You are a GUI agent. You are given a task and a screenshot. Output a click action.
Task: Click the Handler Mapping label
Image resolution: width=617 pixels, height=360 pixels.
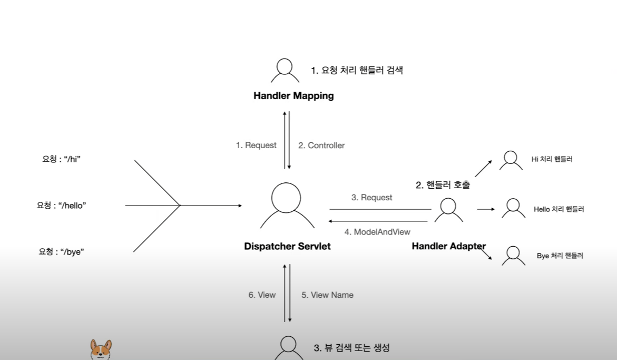coord(293,96)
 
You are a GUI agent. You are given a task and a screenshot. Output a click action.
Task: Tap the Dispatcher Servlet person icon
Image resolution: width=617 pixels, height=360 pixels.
coord(286,205)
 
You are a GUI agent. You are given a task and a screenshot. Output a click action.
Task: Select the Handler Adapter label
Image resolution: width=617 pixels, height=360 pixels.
coord(448,246)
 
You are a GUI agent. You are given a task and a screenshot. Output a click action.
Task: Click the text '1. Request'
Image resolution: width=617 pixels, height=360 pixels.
coord(256,145)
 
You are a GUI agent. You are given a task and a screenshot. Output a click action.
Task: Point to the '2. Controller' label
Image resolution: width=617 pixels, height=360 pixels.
coord(321,145)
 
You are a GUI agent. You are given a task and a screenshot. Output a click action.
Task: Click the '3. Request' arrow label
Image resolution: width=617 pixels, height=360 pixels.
coord(371,198)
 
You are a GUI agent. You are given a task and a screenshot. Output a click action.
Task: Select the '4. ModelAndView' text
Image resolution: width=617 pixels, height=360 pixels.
coord(377,231)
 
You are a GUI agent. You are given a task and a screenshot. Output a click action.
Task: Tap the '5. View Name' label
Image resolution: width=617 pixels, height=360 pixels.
coord(327,295)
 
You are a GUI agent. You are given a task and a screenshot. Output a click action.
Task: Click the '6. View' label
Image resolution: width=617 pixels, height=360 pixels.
coord(262,295)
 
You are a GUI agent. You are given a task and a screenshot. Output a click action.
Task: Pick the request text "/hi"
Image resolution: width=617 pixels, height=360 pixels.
coord(61,159)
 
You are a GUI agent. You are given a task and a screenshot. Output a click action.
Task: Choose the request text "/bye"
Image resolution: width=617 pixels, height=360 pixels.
coord(61,252)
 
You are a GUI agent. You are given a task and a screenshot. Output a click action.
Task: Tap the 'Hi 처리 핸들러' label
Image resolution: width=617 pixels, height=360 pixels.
coord(552,159)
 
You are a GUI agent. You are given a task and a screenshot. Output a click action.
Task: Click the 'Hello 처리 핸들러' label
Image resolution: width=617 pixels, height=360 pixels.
coord(559,209)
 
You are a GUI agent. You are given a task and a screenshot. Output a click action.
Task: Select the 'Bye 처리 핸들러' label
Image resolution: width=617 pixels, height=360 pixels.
coord(560,256)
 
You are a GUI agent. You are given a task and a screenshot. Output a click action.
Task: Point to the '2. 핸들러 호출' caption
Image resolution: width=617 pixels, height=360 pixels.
coord(443,185)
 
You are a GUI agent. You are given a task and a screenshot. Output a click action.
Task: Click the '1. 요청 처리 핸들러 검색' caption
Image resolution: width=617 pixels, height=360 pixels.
coord(357,70)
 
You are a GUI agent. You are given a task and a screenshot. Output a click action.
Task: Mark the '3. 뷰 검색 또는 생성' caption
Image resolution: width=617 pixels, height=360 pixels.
coord(351,348)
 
